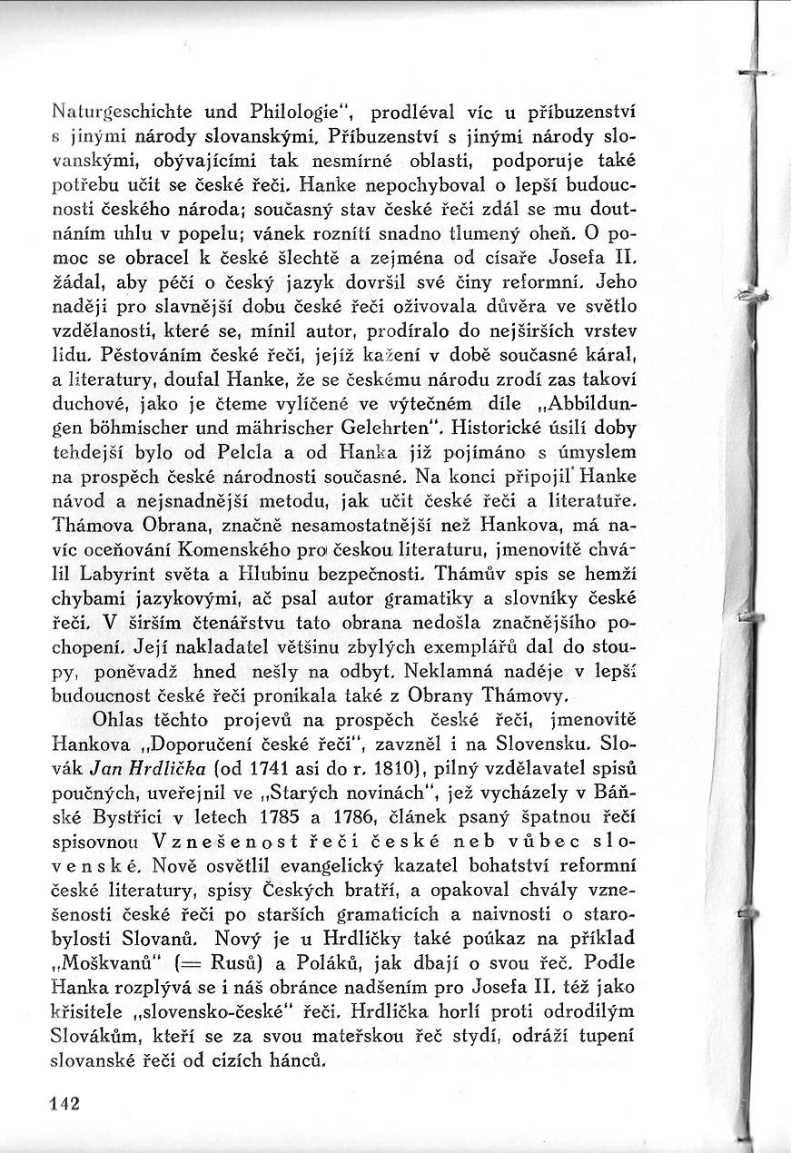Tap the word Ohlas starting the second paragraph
point(122,717)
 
